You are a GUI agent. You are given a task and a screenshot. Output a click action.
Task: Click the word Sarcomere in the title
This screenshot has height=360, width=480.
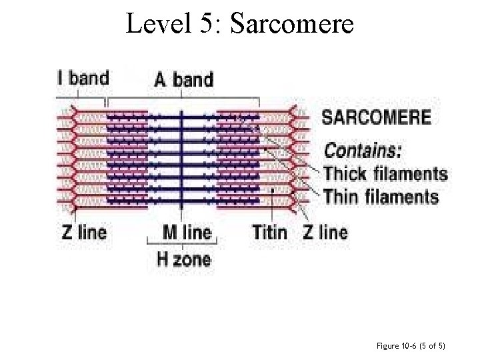click(x=291, y=25)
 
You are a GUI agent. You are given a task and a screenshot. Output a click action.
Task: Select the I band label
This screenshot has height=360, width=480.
click(x=83, y=78)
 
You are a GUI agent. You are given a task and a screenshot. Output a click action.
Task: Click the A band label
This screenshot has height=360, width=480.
click(x=184, y=80)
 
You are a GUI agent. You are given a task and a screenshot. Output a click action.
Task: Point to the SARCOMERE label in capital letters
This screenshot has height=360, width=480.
click(x=377, y=118)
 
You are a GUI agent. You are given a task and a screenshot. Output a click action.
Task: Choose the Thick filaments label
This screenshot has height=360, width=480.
click(x=385, y=174)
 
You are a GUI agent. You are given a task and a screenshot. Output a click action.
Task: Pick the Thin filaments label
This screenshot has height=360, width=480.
click(x=381, y=197)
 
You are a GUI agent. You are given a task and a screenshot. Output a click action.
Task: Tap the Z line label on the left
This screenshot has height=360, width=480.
click(x=84, y=232)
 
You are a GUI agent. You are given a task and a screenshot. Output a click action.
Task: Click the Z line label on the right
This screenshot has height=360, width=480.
click(x=325, y=232)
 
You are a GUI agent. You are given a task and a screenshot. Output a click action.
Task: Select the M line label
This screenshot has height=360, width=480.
click(x=187, y=232)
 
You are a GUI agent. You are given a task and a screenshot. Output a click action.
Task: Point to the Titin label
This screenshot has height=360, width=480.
click(x=269, y=232)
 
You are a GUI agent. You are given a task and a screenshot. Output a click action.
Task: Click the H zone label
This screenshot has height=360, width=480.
click(x=183, y=259)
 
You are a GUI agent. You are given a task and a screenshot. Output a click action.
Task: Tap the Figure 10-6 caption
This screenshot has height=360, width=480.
click(x=410, y=346)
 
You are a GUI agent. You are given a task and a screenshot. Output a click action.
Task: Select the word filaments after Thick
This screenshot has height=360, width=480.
click(x=410, y=174)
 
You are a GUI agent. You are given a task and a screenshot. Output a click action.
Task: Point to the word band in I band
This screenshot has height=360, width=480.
click(x=89, y=78)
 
